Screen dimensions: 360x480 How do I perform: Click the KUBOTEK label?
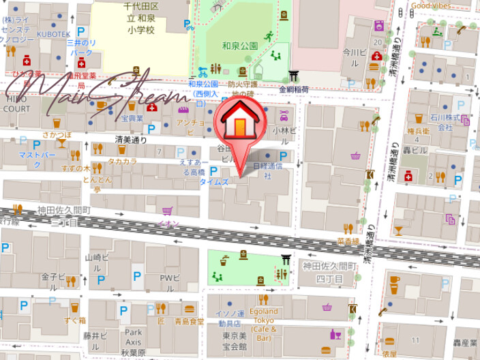tap(54, 33)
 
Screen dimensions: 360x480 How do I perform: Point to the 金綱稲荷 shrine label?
tap(294, 89)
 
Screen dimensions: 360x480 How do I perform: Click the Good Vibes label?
tap(431, 5)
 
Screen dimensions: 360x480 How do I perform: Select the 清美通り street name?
tap(131, 139)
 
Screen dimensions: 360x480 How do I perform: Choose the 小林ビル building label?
tap(284, 131)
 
